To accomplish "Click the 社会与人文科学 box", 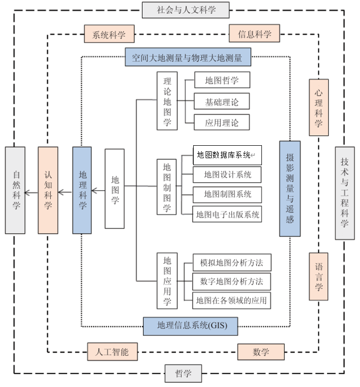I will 186,10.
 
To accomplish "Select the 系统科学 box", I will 109,34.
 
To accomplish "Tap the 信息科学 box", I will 254,34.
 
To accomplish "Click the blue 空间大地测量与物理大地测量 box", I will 188,58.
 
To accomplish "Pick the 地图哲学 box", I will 222,80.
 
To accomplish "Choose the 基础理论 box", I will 222,102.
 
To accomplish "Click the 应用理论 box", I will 222,122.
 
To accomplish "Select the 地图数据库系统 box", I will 227,155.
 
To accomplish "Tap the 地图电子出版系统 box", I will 227,214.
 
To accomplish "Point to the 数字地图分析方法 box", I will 232,282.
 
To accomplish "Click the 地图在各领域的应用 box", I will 232,300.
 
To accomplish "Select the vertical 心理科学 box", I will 318,107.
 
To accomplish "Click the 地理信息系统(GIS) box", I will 190,326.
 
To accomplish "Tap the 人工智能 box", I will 112,352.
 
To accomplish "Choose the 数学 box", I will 260,352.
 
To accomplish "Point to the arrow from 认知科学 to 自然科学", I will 31,190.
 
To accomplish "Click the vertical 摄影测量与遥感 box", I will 290,189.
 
